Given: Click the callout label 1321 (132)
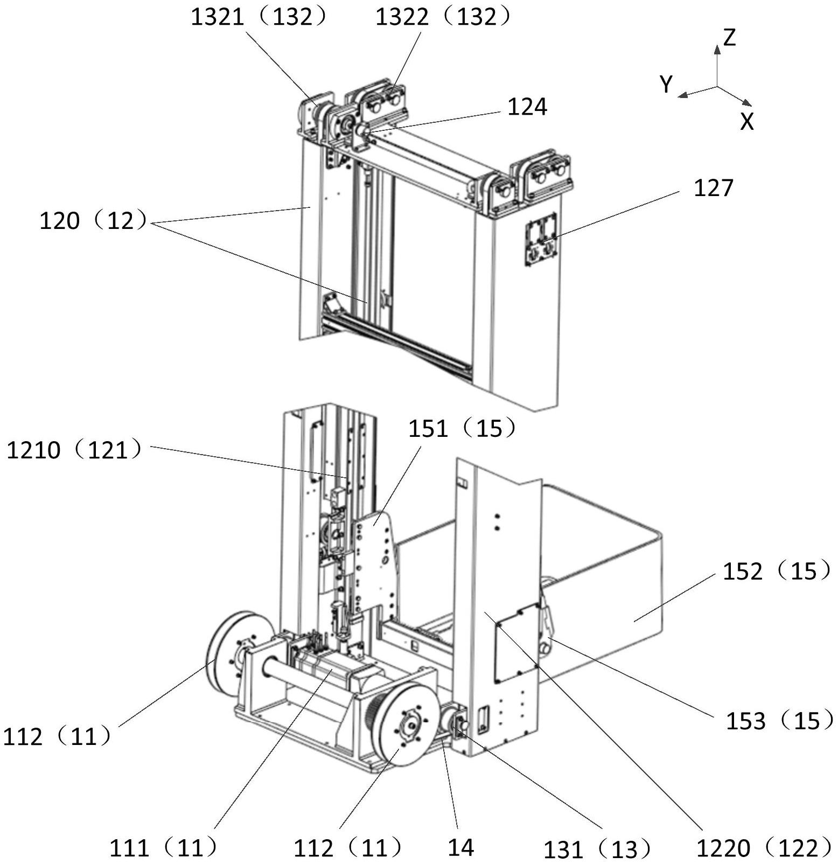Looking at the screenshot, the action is click(259, 17).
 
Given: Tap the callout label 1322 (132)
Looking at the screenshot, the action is click(443, 17).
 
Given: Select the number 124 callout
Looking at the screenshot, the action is click(527, 107).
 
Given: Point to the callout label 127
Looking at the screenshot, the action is click(714, 188).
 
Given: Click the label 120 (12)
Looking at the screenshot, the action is click(93, 220).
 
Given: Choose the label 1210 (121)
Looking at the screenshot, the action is click(75, 449).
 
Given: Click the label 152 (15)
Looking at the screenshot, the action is click(777, 571).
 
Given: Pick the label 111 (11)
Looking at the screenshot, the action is click(164, 848).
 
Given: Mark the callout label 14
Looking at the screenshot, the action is click(461, 847).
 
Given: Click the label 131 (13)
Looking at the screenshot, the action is click(597, 849).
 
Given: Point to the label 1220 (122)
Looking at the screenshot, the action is click(765, 848).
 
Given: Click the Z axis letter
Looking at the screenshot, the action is click(729, 38).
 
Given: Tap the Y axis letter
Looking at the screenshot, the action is click(667, 85).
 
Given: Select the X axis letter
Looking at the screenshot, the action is click(747, 122).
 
